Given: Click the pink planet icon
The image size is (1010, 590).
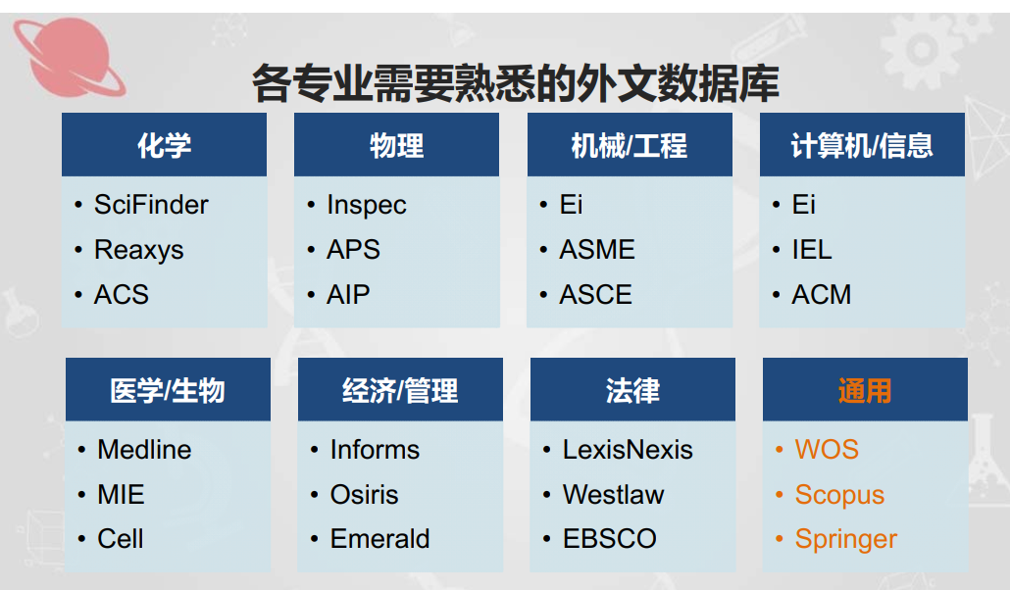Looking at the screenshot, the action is [x=69, y=57].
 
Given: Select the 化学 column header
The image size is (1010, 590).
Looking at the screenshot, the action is [x=165, y=145].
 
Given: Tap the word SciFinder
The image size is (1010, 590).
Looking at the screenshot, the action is [x=151, y=205].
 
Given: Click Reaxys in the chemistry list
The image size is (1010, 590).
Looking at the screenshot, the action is [x=139, y=250].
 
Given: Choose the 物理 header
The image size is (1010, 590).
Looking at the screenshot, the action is [x=397, y=145].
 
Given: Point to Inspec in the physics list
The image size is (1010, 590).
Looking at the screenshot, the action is [x=367, y=206].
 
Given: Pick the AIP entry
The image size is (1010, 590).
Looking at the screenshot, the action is [x=348, y=294].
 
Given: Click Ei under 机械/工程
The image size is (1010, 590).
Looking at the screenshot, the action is [x=572, y=205].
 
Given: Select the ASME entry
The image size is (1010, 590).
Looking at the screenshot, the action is [x=597, y=249].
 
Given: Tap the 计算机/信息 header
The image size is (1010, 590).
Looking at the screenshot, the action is [x=863, y=145].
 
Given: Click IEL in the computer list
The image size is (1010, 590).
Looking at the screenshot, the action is [x=812, y=249].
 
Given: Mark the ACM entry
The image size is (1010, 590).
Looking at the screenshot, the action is [x=822, y=294].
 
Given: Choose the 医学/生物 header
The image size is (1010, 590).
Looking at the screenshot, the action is [x=168, y=390].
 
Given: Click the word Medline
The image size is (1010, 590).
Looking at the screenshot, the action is [x=144, y=450].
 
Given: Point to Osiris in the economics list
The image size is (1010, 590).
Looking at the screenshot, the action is [x=364, y=495].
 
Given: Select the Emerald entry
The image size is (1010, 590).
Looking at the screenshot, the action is [x=380, y=539].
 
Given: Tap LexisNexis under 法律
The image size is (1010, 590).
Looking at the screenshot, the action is [x=628, y=450].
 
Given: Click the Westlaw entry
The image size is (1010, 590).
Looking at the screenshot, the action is [x=613, y=495].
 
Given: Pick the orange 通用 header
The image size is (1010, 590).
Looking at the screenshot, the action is [x=865, y=390].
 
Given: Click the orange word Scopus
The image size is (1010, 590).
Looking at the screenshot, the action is [x=839, y=495].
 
